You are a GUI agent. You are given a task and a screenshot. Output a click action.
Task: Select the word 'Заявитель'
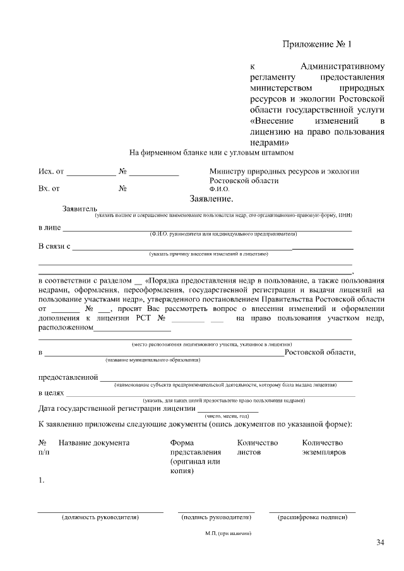80,208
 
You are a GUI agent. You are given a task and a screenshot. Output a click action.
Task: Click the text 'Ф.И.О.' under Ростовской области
219,189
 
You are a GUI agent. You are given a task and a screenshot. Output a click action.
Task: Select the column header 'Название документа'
94,443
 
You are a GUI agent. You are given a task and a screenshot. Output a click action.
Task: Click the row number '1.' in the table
41,481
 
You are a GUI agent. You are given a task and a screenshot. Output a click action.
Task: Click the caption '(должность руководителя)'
100,517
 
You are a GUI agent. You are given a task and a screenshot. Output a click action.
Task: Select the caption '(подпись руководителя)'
216,517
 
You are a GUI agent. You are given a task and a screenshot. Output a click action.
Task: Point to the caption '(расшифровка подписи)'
312,517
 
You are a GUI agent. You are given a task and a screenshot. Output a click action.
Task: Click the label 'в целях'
52,393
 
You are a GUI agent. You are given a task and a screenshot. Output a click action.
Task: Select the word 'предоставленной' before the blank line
68,377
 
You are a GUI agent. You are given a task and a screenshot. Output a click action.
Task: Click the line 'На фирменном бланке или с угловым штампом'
211,153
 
